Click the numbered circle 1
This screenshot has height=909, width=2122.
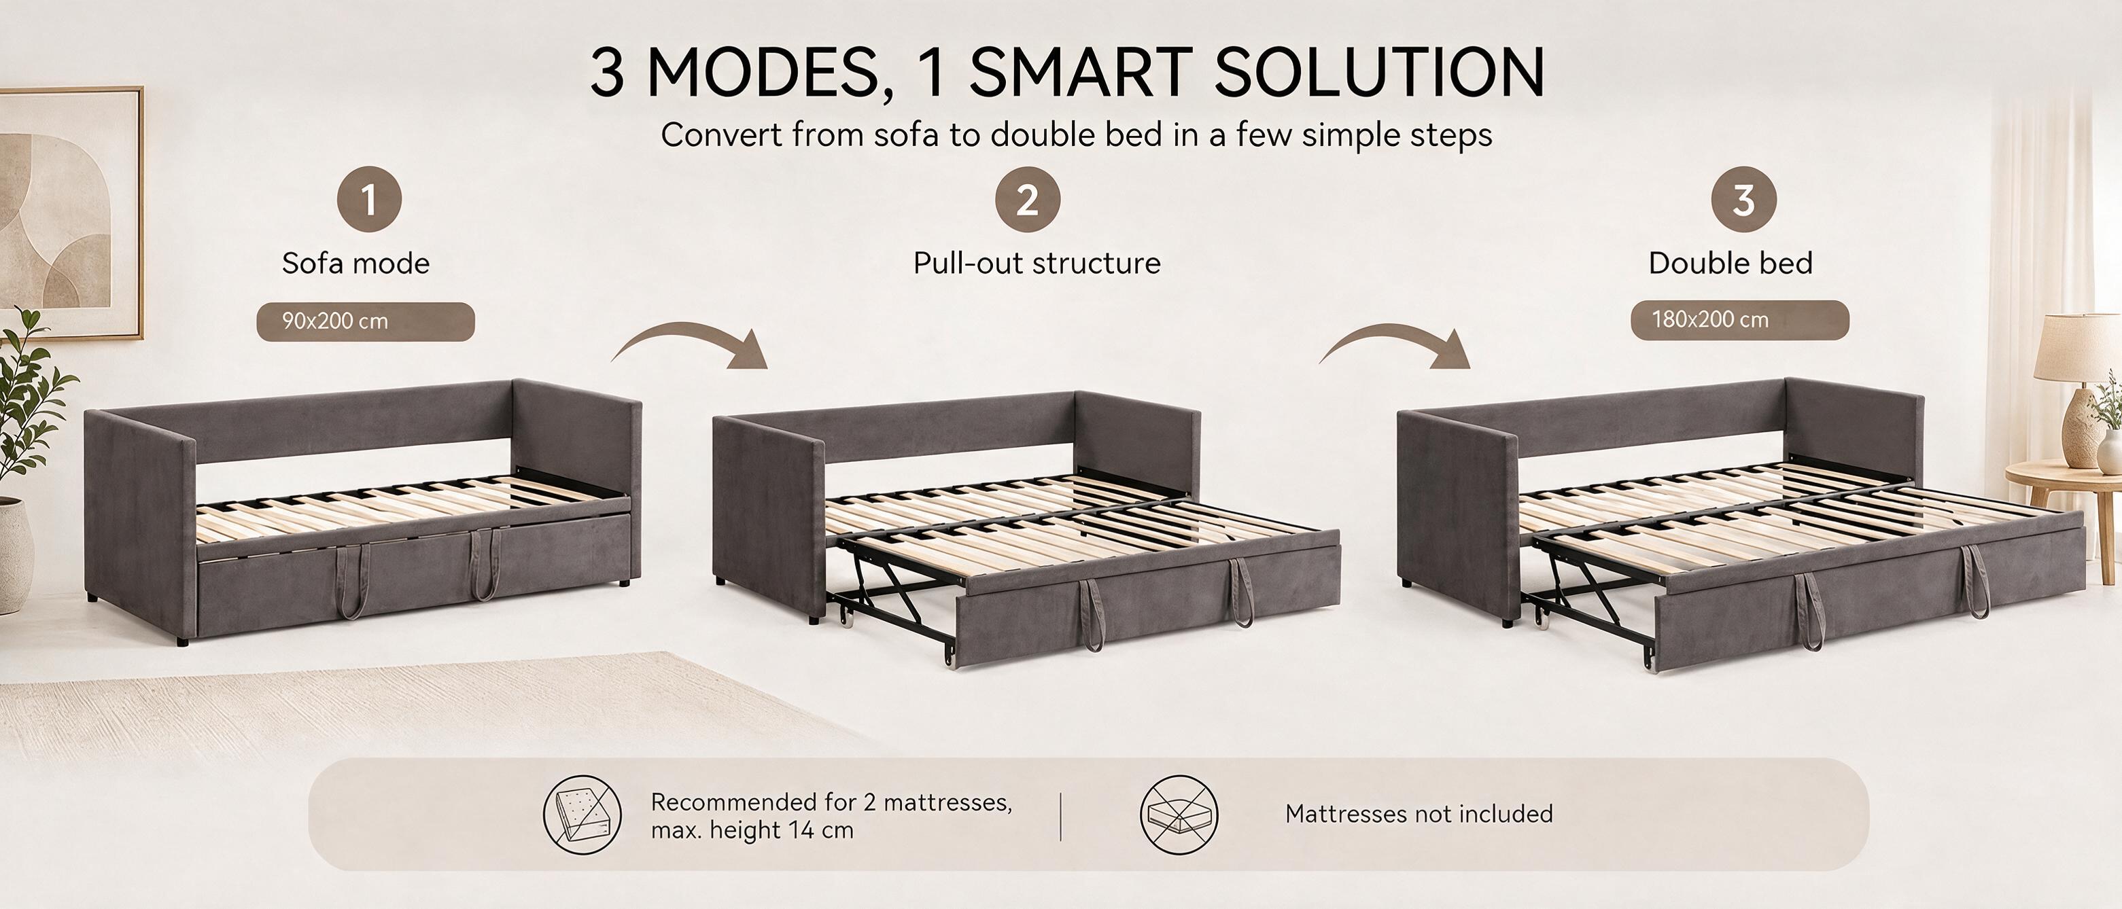click(x=369, y=199)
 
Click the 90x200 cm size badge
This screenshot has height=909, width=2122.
click(x=366, y=321)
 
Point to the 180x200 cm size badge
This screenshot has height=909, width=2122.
click(x=1740, y=320)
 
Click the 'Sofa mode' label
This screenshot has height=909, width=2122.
click(x=356, y=264)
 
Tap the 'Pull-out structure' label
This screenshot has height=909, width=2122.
click(x=1037, y=264)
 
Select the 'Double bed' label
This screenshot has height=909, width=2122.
click(x=1730, y=264)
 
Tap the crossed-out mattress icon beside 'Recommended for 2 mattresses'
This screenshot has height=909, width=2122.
click(x=582, y=815)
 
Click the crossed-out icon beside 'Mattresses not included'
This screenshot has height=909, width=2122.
click(x=1179, y=815)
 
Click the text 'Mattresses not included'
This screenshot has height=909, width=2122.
click(x=1419, y=815)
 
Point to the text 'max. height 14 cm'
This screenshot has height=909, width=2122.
click(x=752, y=830)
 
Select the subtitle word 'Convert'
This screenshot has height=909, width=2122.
click(x=720, y=135)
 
